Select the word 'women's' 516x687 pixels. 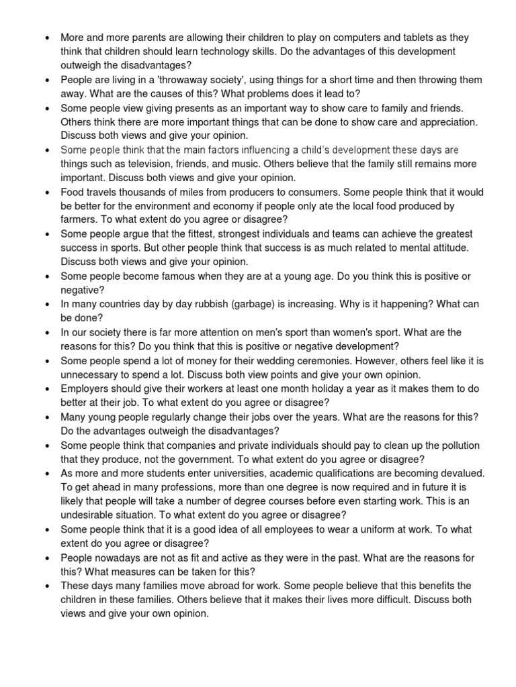pyautogui.click(x=359, y=333)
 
